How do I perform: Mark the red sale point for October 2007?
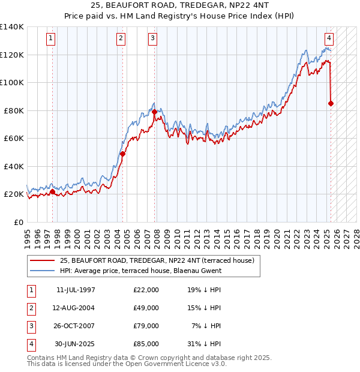click(155, 112)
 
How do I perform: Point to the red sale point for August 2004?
click(122, 154)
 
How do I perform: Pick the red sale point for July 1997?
click(52, 191)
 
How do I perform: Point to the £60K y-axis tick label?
click(14, 138)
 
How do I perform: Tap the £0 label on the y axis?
click(19, 222)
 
